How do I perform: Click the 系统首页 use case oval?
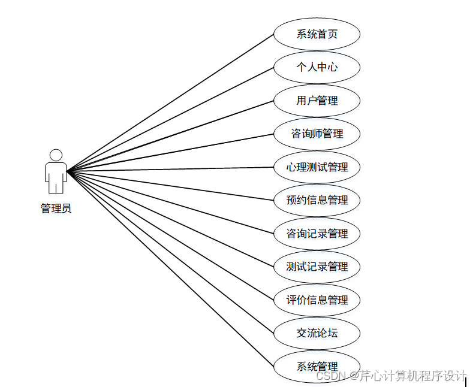(x=317, y=34)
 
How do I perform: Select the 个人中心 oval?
(x=317, y=67)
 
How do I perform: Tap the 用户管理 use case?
(x=317, y=101)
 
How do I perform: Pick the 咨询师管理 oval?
(x=317, y=134)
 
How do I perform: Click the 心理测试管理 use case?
(x=317, y=167)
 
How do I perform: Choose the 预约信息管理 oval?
(x=317, y=200)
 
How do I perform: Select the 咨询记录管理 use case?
(x=317, y=234)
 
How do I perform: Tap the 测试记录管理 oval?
(x=317, y=267)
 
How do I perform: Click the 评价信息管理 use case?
(x=317, y=300)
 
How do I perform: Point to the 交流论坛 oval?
(x=317, y=333)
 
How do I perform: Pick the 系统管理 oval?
(x=317, y=366)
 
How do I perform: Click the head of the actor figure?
(x=56, y=155)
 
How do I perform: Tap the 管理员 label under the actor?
(x=56, y=208)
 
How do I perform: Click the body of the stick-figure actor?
(x=56, y=176)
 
